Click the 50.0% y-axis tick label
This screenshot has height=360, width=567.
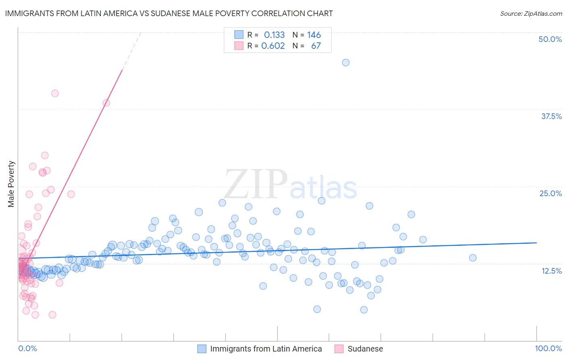tap(550, 39)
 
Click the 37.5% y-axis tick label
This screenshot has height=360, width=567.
tap(551, 116)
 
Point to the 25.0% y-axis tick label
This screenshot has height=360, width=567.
tap(550, 193)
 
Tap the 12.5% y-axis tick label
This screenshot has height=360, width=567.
tap(551, 271)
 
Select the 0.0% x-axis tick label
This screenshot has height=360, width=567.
tap(27, 348)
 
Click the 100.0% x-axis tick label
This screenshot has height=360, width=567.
tap(548, 348)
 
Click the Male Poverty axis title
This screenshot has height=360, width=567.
tap(11, 184)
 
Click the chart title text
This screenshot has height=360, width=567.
tap(169, 13)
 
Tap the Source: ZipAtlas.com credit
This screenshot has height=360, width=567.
tap(531, 13)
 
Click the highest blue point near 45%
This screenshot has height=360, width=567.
tap(346, 63)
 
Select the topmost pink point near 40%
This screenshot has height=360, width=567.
tap(55, 93)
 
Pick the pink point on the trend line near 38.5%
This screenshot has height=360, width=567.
tap(106, 103)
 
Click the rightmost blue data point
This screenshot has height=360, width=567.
tap(473, 257)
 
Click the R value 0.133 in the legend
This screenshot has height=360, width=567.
tap(274, 35)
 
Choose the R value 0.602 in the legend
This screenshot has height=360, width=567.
tap(273, 46)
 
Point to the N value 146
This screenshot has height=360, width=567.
tap(314, 35)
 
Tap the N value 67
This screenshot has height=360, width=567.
tap(316, 46)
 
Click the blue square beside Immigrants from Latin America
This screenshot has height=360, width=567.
tap(202, 349)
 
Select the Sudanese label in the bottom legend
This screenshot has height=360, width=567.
tap(365, 349)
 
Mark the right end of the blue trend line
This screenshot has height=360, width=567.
tap(536, 243)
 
